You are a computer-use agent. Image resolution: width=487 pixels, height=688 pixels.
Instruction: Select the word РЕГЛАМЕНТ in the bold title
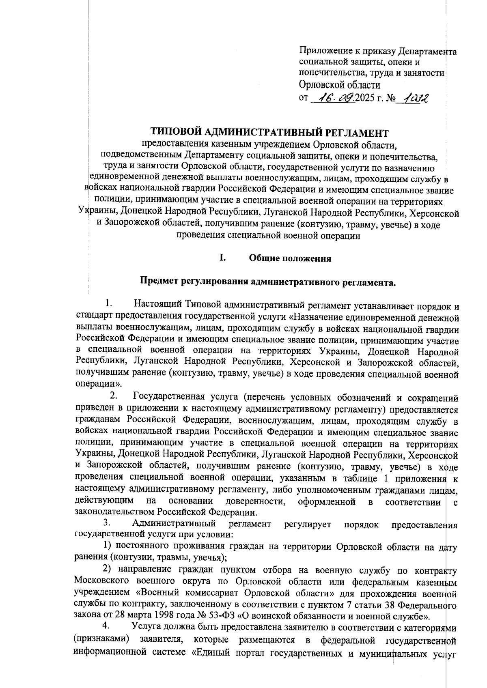point(357,133)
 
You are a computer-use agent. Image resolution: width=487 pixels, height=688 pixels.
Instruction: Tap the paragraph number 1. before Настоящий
point(108,303)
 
